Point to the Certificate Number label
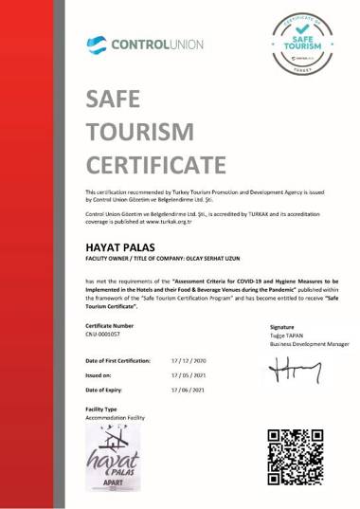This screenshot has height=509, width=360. (x=108, y=325)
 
